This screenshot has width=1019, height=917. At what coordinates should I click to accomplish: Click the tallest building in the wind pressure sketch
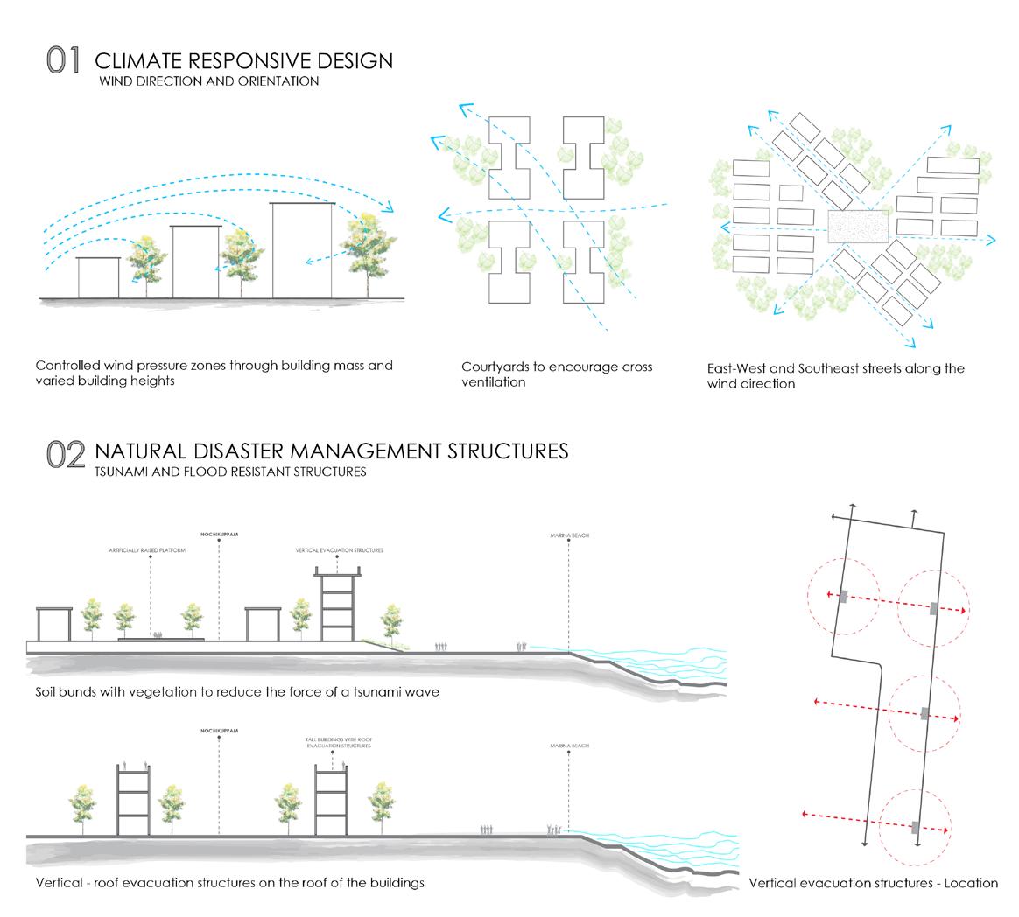click(302, 250)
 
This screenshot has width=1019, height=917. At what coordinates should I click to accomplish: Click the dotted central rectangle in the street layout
click(859, 226)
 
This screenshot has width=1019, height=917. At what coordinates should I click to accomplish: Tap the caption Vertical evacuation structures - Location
click(873, 883)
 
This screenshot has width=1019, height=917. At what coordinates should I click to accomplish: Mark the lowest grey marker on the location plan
click(916, 827)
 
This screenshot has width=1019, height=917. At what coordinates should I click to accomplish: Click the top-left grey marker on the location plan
click(842, 598)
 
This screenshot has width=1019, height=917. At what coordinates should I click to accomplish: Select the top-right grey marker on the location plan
click(934, 608)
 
